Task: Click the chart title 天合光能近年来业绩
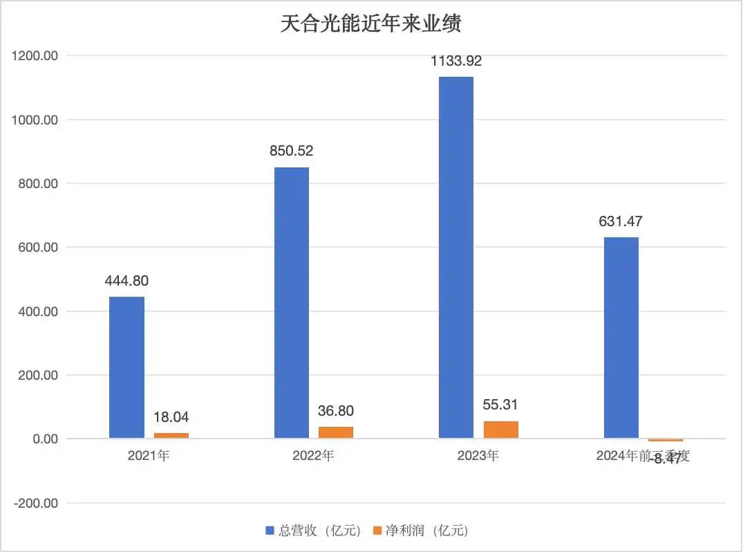click(x=370, y=24)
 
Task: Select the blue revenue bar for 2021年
click(x=126, y=367)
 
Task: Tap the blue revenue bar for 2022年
click(x=292, y=303)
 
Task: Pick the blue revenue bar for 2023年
click(x=456, y=257)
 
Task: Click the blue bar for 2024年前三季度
click(x=621, y=338)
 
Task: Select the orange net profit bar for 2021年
click(x=171, y=435)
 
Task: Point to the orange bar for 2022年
click(x=336, y=432)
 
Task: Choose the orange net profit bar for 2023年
click(x=501, y=430)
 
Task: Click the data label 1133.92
click(x=456, y=61)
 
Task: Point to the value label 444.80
click(x=126, y=281)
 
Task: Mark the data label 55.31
click(x=501, y=405)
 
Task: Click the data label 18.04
click(x=171, y=417)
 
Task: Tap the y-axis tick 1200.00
click(x=35, y=56)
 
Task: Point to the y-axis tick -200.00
click(x=35, y=503)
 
